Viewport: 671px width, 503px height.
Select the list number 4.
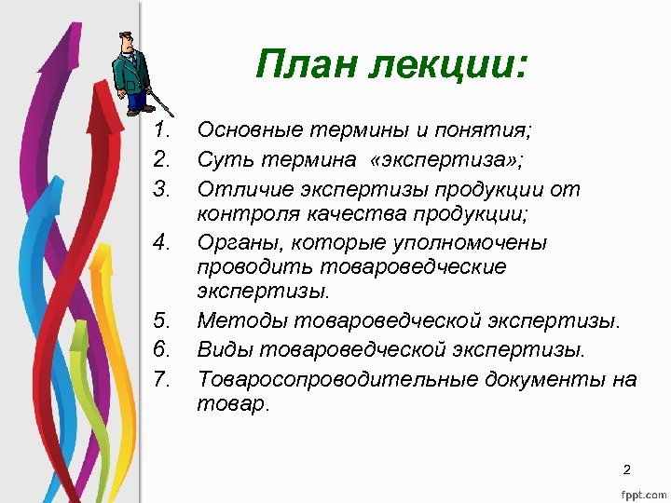[x=163, y=243]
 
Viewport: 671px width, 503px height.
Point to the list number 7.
[x=163, y=379]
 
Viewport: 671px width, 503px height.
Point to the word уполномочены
[x=473, y=243]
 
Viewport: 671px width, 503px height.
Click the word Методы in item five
[x=241, y=321]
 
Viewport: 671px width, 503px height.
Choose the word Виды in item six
[x=225, y=349]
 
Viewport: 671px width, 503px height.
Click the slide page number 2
[x=627, y=469]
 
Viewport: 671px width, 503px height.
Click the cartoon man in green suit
[x=130, y=70]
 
